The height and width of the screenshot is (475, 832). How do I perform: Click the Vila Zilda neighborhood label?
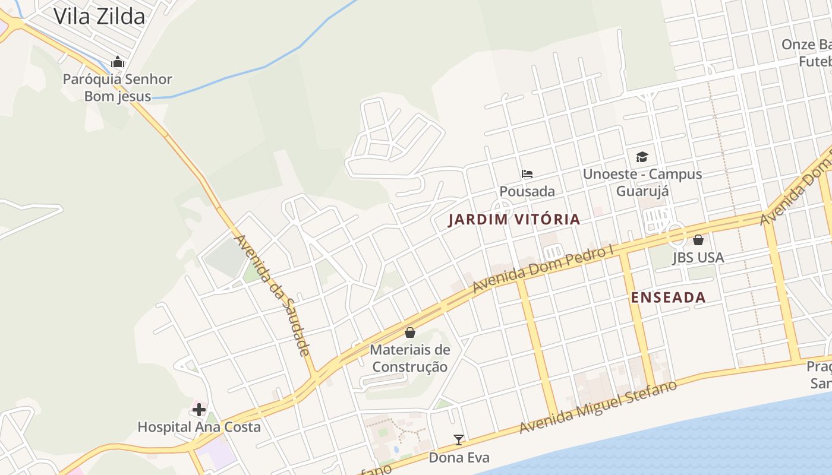point(99,16)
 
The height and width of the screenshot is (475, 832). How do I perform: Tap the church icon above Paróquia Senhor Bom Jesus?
point(118,62)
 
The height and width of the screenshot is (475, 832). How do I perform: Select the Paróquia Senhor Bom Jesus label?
point(118,87)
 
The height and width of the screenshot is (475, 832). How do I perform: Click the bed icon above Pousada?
point(527,174)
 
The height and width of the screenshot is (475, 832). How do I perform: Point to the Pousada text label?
point(527,191)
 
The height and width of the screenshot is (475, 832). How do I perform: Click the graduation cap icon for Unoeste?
point(642,157)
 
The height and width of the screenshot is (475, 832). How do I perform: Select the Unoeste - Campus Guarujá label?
point(642,182)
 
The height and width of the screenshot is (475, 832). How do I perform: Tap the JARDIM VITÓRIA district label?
point(514,220)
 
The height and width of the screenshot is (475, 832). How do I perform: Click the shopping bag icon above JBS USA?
point(698,240)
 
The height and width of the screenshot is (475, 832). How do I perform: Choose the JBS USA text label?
point(698,258)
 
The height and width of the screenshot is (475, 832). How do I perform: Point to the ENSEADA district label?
point(669,297)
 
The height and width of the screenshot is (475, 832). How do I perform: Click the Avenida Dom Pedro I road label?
point(543,269)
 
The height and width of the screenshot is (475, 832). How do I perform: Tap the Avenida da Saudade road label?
point(272,295)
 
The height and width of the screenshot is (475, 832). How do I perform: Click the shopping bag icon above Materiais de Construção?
point(410,332)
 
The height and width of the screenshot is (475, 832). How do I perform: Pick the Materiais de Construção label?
point(410,358)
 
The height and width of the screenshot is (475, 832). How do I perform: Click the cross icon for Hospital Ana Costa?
point(199,410)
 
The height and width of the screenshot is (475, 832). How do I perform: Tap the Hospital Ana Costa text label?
point(199,427)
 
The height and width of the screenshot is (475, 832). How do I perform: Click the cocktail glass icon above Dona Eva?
point(459,440)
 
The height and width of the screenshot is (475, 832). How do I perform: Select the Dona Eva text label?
point(459,458)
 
